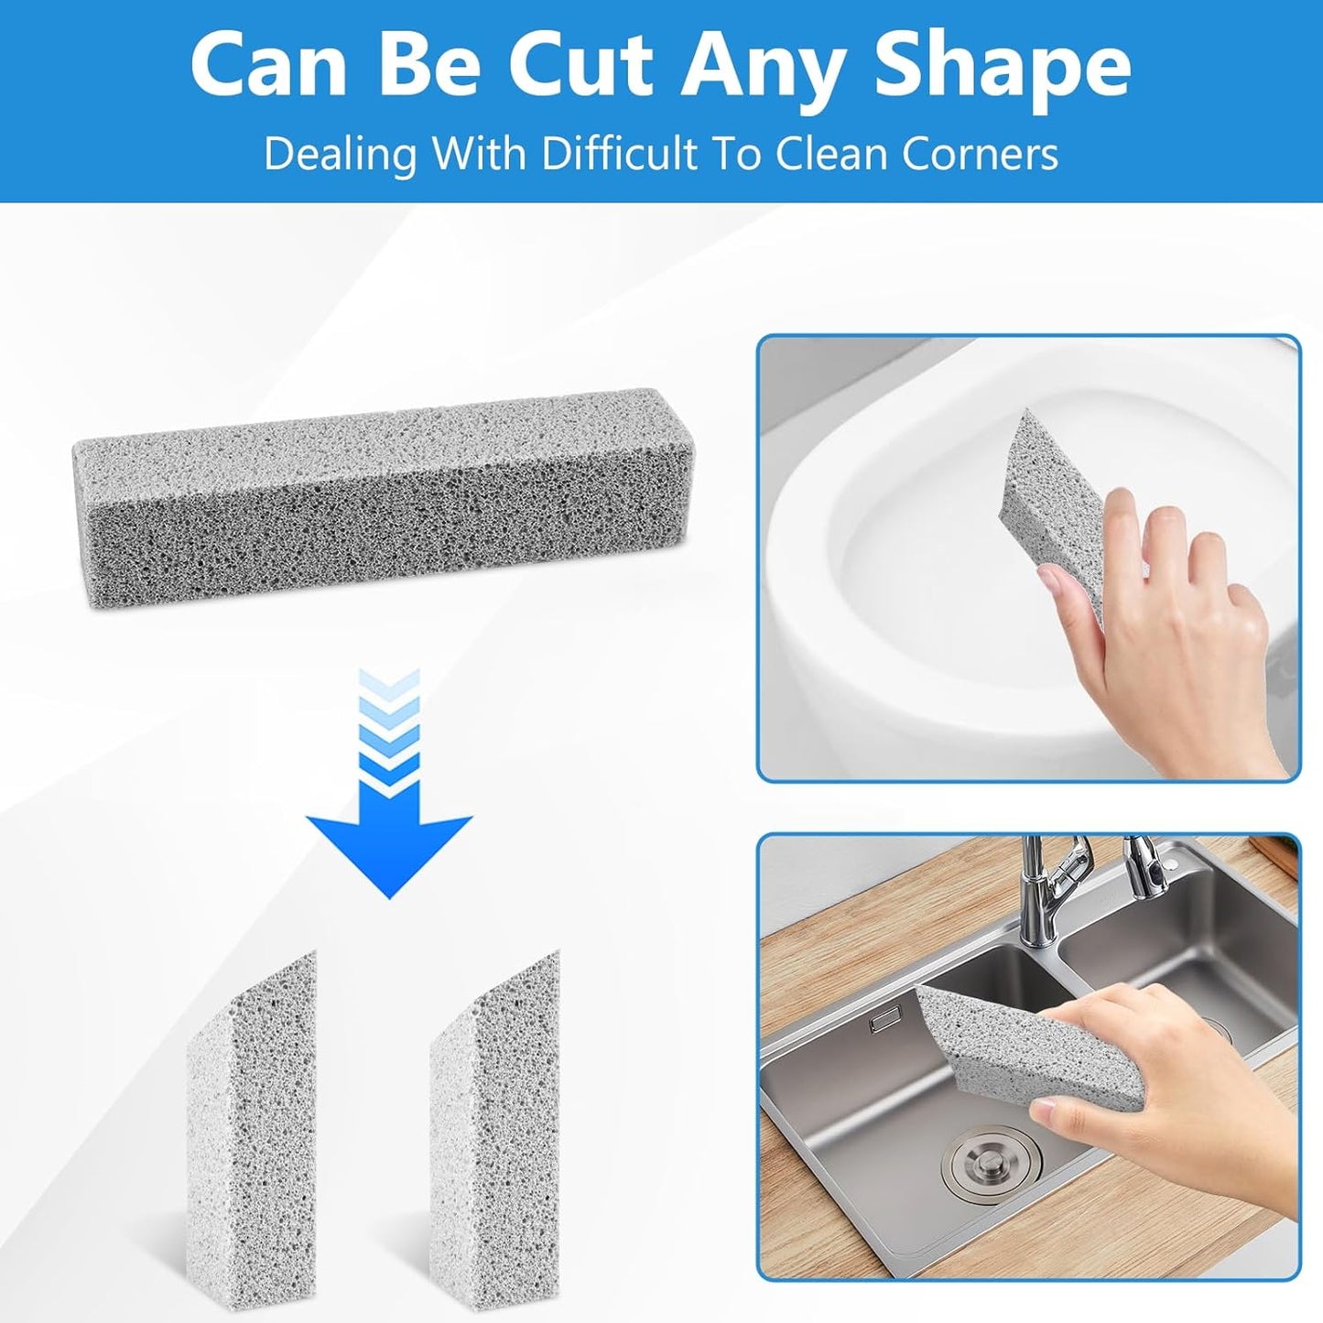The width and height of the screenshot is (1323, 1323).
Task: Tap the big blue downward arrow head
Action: coord(389,847)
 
